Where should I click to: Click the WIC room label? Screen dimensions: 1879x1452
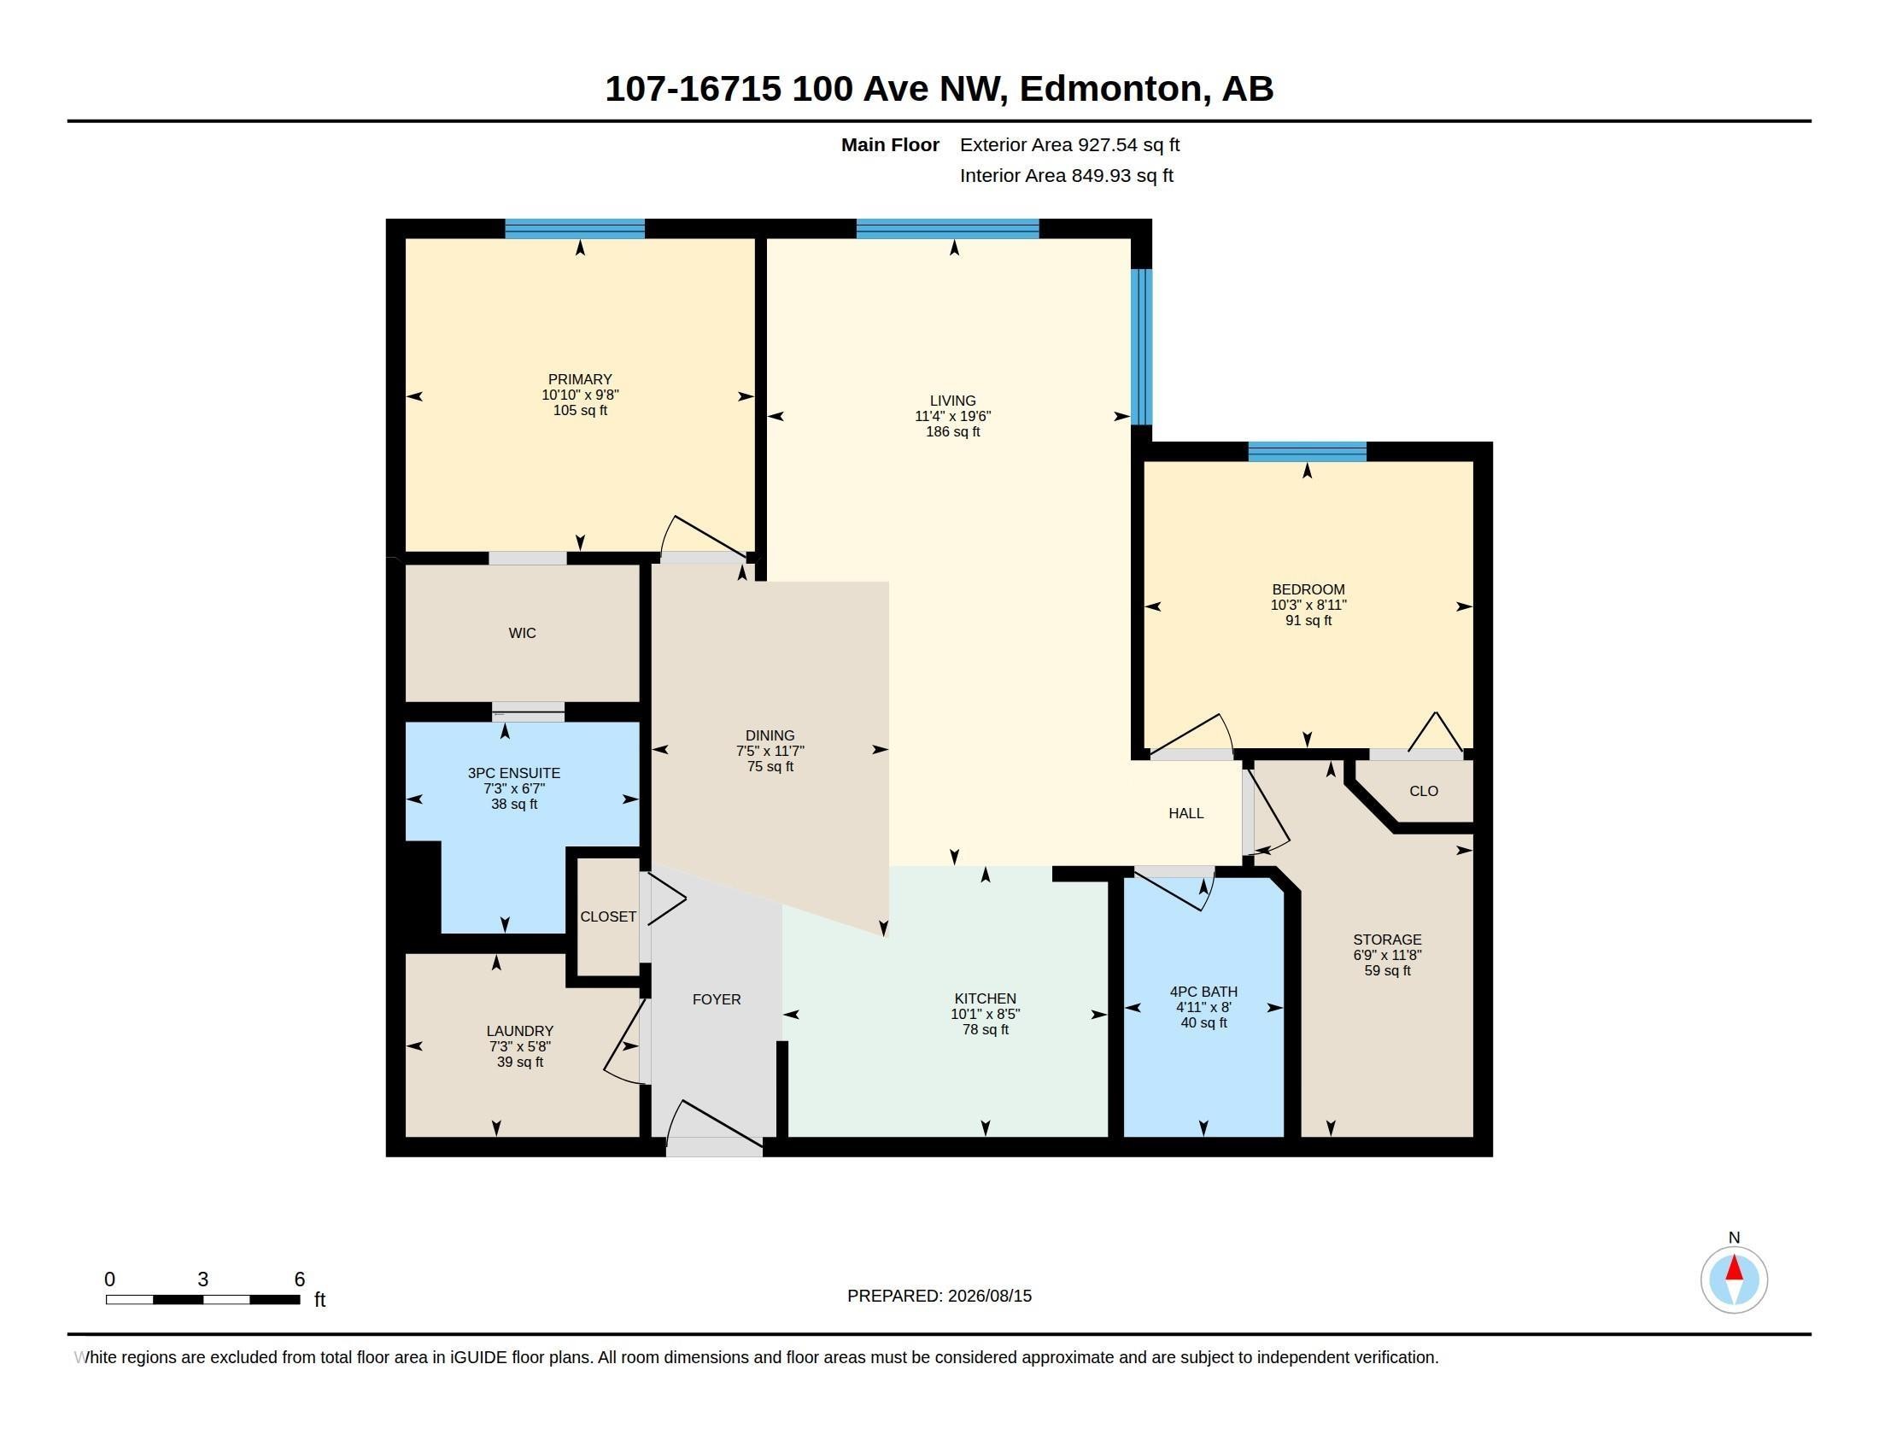522,633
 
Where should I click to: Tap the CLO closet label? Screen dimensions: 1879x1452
1424,792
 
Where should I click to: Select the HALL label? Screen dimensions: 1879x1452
1185,814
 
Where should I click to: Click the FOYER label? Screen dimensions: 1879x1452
717,999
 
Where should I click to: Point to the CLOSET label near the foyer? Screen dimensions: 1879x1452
608,917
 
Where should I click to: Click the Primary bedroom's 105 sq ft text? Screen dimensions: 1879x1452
580,411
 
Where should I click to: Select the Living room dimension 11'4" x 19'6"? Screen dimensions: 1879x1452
952,416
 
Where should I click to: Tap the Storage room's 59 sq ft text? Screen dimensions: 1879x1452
1387,971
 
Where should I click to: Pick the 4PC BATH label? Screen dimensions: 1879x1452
1203,992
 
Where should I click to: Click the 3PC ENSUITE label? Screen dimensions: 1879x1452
513,773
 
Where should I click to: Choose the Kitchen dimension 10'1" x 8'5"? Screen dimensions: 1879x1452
985,1014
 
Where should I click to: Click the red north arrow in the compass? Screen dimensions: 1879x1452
1735,1268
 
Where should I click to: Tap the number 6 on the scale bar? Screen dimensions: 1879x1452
300,1279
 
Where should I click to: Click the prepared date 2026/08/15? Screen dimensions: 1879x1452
989,1297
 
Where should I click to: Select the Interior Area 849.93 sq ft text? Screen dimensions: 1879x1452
1067,176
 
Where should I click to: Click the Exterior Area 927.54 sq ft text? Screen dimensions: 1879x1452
1069,145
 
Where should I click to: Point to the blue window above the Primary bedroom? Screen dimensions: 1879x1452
575,229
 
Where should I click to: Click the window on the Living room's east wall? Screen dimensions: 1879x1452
1141,348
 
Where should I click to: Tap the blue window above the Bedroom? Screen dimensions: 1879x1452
1307,452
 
